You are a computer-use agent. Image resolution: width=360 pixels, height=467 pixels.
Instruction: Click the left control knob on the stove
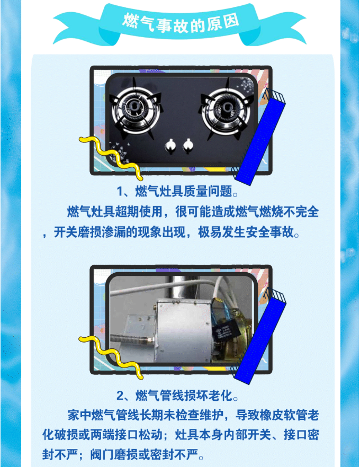[x=170, y=146]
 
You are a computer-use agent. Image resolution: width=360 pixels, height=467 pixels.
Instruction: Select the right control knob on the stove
[x=188, y=146]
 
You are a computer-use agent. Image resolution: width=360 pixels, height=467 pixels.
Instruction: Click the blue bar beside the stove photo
[x=261, y=137]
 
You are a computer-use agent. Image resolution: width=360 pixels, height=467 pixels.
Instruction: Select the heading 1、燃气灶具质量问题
[x=177, y=191]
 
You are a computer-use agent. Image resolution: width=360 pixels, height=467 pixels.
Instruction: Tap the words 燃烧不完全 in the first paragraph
[x=289, y=211]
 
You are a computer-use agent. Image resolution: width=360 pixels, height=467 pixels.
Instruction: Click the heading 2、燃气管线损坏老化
[x=177, y=396]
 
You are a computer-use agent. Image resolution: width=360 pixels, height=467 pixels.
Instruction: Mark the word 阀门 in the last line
[x=102, y=454]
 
